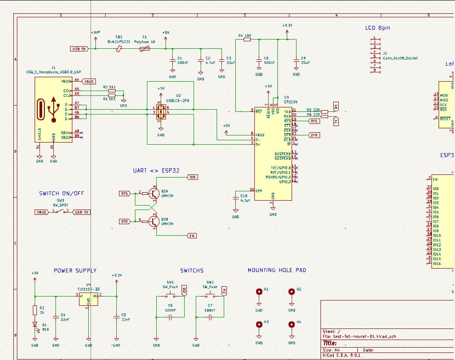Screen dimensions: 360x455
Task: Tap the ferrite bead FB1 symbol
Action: (x=119, y=49)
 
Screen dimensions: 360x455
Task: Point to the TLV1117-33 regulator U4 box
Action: (x=88, y=299)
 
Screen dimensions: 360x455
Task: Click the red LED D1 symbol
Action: (x=35, y=324)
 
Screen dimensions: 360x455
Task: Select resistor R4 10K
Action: (x=247, y=40)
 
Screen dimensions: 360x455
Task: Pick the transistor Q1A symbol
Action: (x=154, y=193)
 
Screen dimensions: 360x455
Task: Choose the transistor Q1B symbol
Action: (x=154, y=221)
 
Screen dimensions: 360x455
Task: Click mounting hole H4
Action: (x=292, y=324)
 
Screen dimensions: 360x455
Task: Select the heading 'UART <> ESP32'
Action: (x=156, y=171)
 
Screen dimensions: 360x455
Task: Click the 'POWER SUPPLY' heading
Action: (x=75, y=270)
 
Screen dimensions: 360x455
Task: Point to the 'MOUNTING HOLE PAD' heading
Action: (x=277, y=270)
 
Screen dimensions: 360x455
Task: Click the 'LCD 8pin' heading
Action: (x=378, y=28)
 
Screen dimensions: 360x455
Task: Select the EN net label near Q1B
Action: (x=192, y=235)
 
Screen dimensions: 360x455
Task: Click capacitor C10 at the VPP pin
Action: (x=236, y=200)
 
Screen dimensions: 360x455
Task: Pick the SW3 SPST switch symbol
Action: (x=61, y=212)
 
